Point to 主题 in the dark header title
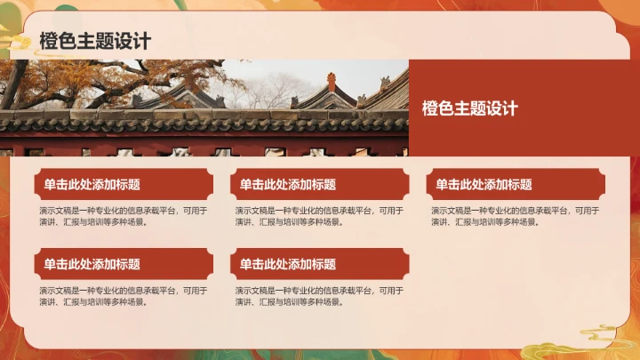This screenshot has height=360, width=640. point(95,41)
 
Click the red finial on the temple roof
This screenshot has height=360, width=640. point(332,81)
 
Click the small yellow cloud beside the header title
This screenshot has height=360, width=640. point(16,41)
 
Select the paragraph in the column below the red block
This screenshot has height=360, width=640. point(516,216)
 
